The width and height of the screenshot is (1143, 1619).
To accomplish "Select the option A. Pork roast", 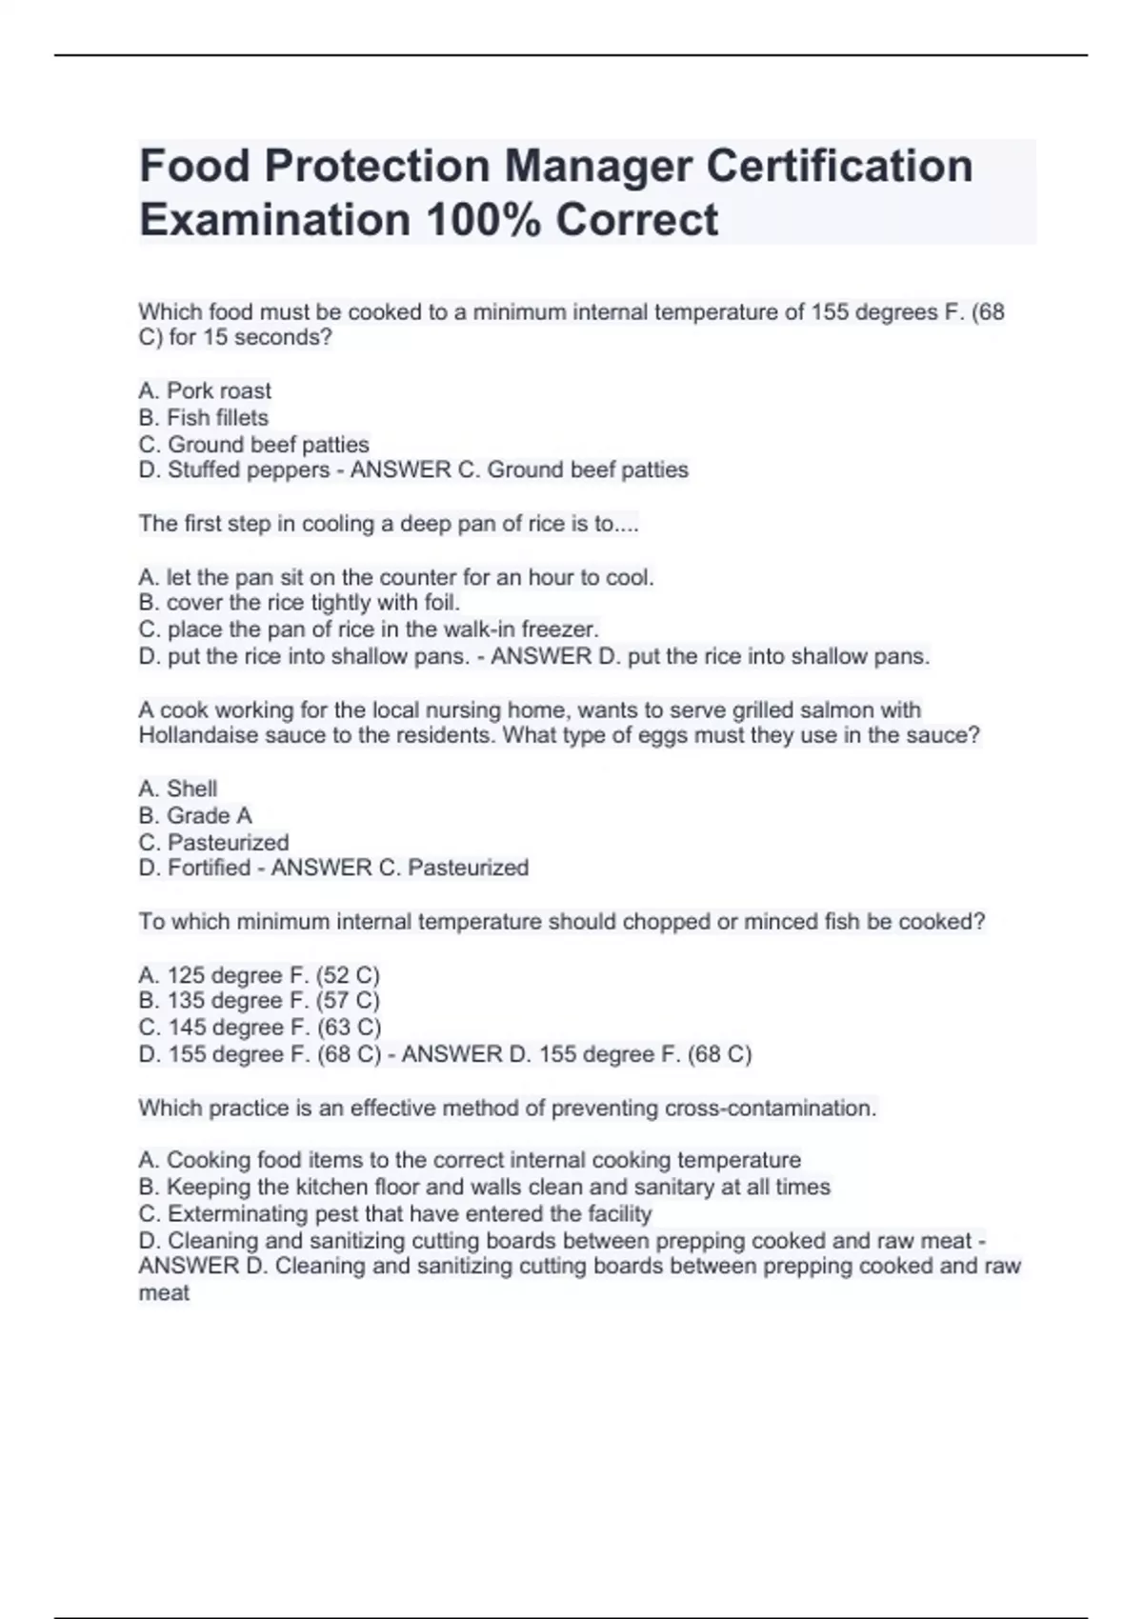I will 205,390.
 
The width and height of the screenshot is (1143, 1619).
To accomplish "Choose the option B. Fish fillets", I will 203,417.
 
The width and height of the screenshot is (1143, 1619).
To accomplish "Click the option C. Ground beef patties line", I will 253,444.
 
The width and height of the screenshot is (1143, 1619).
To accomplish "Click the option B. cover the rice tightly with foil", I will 299,603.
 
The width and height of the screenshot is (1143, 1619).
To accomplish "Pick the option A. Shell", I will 178,789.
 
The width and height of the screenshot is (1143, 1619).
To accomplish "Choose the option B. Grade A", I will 195,815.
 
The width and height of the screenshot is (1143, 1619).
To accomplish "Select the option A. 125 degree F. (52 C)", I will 259,975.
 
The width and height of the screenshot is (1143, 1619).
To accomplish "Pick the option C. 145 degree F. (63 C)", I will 260,1028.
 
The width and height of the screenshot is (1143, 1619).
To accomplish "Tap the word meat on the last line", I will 164,1293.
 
